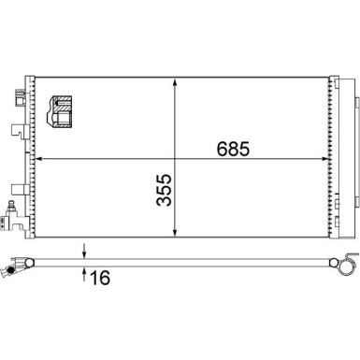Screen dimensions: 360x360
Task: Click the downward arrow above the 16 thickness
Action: click(x=85, y=251)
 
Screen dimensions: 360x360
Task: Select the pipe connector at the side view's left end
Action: click(x=11, y=271)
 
